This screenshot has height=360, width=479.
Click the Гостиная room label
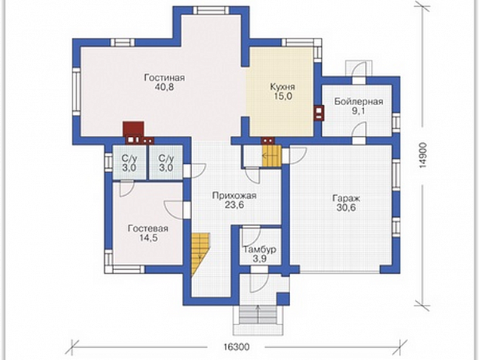click(165, 78)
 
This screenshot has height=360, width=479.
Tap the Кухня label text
click(283, 87)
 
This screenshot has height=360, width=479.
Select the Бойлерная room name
click(358, 101)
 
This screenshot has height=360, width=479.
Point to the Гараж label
click(346, 198)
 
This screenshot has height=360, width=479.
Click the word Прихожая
click(234, 195)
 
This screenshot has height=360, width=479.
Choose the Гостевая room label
click(148, 228)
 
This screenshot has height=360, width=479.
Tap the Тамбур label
click(260, 250)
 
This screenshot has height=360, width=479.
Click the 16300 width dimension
click(236, 347)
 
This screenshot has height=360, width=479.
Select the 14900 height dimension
click(423, 155)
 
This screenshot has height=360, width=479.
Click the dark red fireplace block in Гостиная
click(133, 129)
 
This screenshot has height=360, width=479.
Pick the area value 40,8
click(164, 87)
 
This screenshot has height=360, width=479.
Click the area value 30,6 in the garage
click(346, 208)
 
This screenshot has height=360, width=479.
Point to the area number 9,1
click(358, 110)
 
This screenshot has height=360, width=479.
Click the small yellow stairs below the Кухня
click(271, 156)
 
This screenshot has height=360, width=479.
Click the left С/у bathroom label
click(129, 163)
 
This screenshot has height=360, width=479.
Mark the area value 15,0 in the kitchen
click(283, 96)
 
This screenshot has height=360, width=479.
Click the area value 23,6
click(234, 205)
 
